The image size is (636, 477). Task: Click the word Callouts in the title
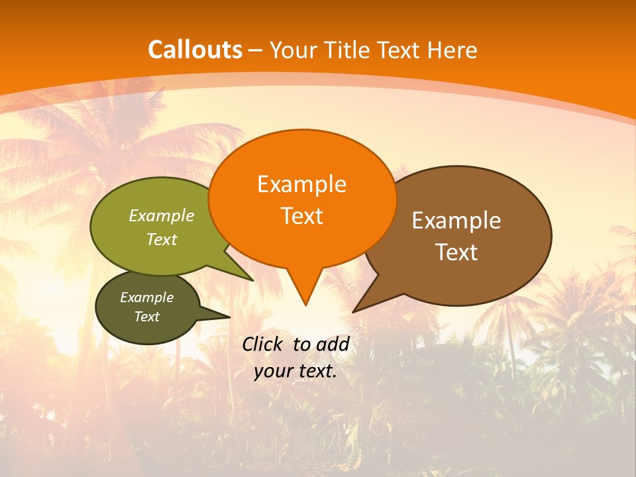click(x=195, y=50)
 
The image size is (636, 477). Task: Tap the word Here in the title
click(x=452, y=50)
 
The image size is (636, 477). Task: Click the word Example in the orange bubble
click(x=301, y=184)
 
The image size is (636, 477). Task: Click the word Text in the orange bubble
click(x=301, y=216)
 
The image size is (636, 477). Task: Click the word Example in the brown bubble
click(x=456, y=221)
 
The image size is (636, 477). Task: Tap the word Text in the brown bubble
click(x=456, y=252)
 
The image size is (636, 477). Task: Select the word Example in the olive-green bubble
click(x=161, y=216)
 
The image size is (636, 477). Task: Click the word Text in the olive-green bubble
click(x=161, y=240)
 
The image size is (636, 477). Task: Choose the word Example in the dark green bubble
click(x=146, y=297)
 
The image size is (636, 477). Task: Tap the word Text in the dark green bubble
click(x=146, y=317)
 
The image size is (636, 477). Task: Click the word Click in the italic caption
click(x=264, y=344)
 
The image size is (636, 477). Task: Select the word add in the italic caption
click(x=332, y=344)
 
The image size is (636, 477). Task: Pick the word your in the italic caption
click(x=273, y=371)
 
